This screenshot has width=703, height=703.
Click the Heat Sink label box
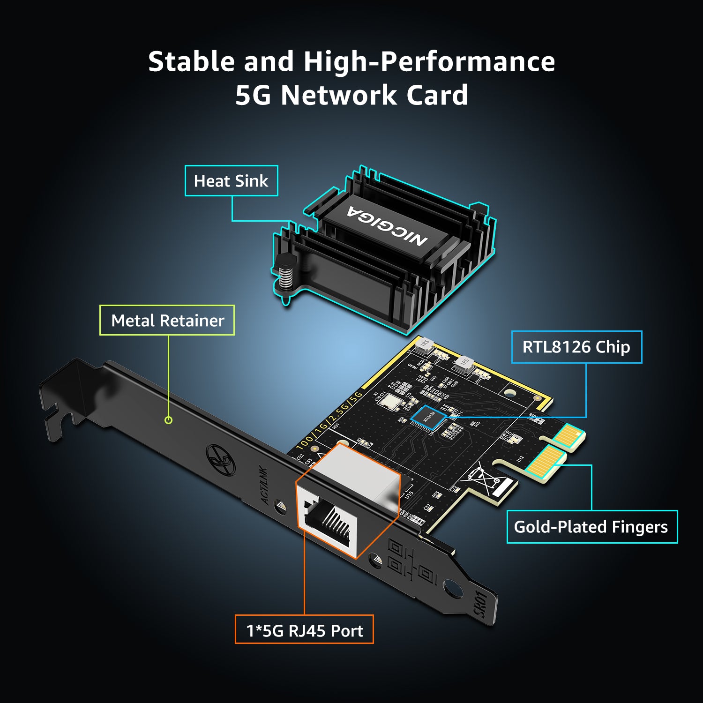click(x=231, y=181)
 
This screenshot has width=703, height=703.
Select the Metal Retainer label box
click(x=167, y=321)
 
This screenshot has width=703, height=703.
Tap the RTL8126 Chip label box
click(x=576, y=347)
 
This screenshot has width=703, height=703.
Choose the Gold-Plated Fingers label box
click(x=591, y=527)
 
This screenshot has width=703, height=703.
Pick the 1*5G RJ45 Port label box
click(x=304, y=630)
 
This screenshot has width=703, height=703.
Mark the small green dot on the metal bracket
click(x=169, y=420)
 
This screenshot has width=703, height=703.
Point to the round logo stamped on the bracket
click(x=221, y=460)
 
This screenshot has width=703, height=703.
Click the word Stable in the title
click(x=192, y=62)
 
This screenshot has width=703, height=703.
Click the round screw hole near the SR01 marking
click(x=453, y=588)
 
